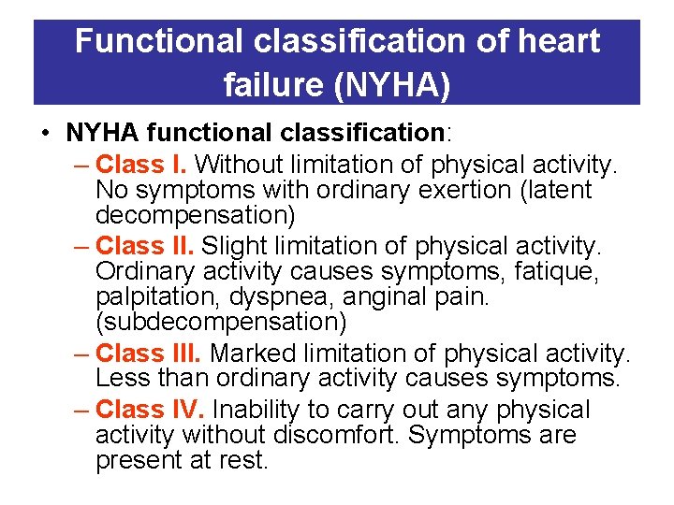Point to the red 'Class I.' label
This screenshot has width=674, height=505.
tap(141, 165)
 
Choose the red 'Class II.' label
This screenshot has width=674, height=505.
tap(145, 246)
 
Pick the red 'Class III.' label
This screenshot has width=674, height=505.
tap(149, 353)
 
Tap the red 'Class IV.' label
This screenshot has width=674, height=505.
tap(150, 410)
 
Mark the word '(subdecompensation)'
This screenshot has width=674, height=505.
tap(221, 323)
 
